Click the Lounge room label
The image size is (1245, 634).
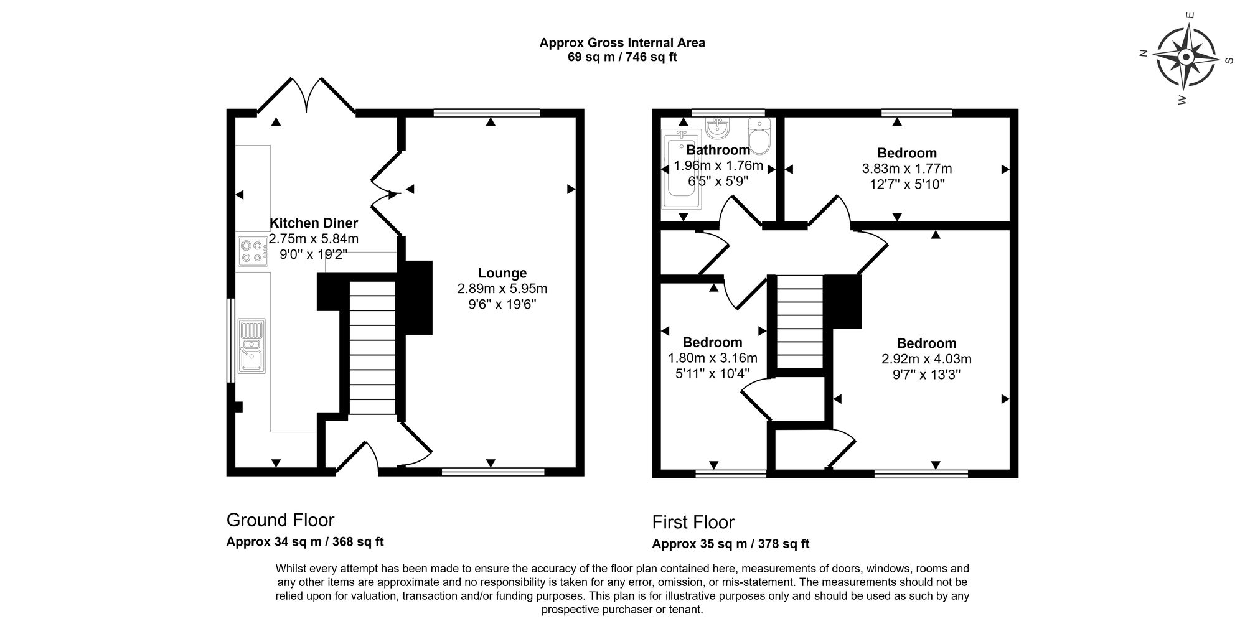502,273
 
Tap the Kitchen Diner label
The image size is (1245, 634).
314,223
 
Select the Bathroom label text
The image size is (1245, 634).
718,150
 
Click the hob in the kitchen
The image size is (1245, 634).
253,250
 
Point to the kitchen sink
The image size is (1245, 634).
253,346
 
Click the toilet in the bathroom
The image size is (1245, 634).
759,136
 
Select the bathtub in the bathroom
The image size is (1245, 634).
683,169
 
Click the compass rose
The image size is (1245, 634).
1185,58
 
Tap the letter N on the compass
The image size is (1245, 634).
1143,54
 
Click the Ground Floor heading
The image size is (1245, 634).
280,520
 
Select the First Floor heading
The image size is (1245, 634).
693,522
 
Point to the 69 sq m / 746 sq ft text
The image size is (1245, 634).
622,57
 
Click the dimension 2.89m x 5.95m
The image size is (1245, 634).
502,289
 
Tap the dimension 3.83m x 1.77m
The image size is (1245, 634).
907,169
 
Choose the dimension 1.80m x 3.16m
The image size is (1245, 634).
713,358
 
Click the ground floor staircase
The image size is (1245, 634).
372,348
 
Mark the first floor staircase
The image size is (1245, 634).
800,322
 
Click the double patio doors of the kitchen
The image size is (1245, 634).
306,95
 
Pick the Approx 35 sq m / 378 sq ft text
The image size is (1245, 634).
731,544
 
